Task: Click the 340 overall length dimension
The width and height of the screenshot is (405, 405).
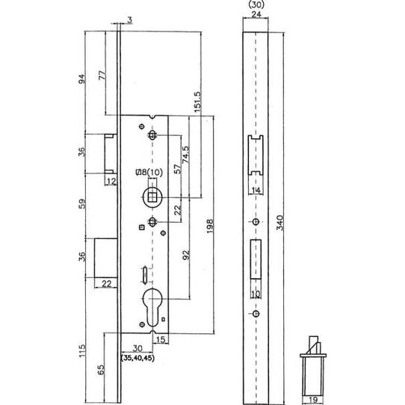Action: point(280,223)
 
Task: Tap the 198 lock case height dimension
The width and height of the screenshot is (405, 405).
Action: point(210,226)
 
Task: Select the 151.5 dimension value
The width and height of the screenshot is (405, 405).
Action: point(197,102)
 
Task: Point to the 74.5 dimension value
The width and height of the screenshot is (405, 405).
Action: point(185,155)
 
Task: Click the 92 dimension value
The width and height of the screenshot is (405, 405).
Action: point(186,255)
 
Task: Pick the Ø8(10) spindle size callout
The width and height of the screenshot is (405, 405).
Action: point(149,173)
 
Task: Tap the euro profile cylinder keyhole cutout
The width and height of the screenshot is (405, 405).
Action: point(152,307)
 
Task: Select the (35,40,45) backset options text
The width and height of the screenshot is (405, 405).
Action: point(137,358)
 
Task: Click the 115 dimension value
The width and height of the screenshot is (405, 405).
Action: point(82,350)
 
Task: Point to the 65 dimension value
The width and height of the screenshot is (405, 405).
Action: point(101,369)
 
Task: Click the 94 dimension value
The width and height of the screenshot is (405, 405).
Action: point(81,79)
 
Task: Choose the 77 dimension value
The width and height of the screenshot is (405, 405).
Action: point(102,75)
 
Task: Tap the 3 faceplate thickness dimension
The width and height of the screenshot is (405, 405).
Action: point(130,20)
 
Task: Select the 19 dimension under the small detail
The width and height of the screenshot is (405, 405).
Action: point(313,400)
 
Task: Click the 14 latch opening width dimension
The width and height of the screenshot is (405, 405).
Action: point(256,191)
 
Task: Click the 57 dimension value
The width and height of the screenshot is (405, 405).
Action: point(177,169)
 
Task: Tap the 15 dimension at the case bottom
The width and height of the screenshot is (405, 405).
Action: point(161,339)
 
